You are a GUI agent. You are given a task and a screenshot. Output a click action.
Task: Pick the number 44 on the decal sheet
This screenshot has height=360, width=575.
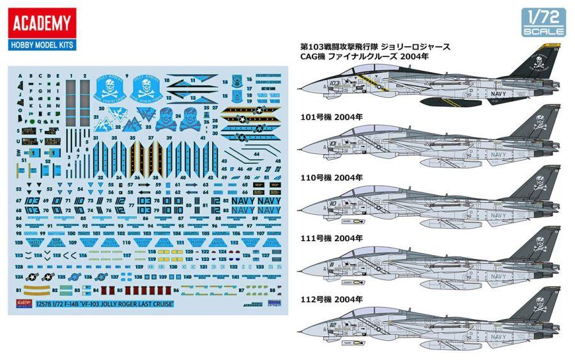[256, 155]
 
